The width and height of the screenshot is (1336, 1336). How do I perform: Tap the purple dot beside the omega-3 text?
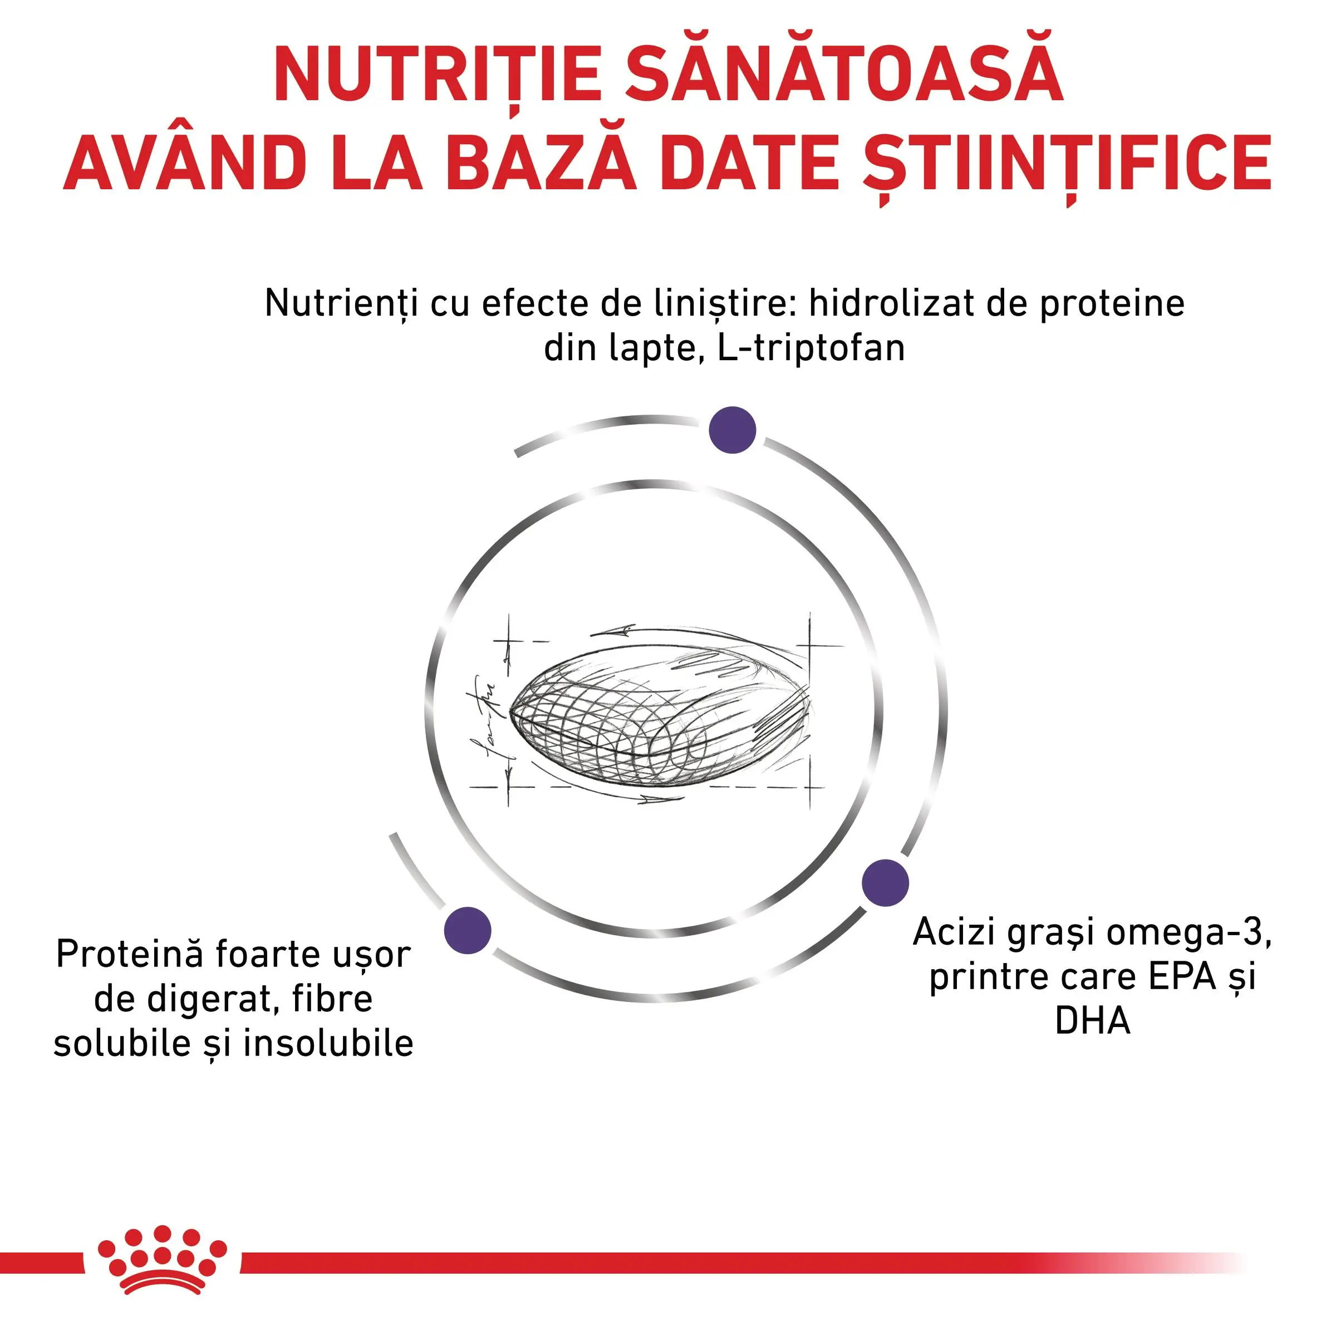point(885,883)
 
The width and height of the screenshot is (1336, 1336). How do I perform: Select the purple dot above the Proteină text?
point(468,930)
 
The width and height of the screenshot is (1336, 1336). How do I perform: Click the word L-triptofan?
point(811,348)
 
